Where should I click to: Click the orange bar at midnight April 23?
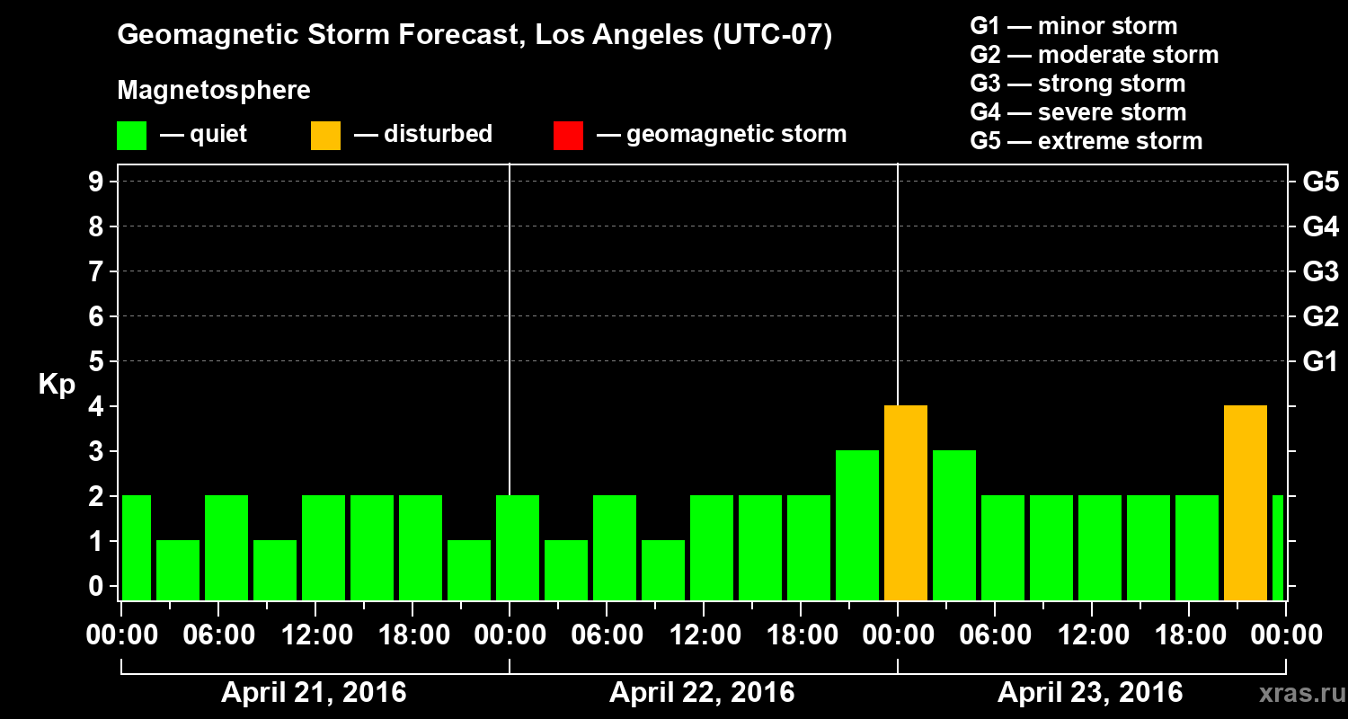coord(905,503)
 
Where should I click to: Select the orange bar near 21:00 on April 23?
coord(1245,503)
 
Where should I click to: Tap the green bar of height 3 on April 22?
coord(856,526)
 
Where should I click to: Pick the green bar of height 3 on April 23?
coord(953,526)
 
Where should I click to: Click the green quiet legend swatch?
coord(132,135)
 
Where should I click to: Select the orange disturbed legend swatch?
coord(325,135)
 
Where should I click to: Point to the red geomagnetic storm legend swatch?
coord(568,135)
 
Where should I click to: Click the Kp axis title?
coord(57,385)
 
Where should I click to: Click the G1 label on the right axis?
coord(1320,362)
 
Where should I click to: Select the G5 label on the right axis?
coord(1320,182)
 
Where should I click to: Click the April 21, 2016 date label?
coord(314,693)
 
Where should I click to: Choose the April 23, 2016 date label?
coord(1090,693)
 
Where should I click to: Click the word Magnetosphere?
coord(214,91)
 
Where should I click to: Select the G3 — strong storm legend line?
coord(1078,84)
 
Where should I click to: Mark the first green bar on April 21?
coord(136,548)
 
